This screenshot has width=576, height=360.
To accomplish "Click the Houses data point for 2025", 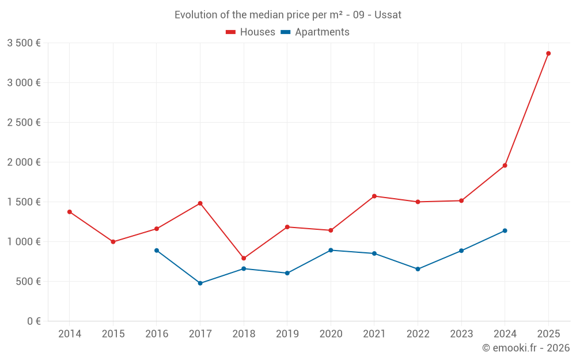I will tap(548, 54).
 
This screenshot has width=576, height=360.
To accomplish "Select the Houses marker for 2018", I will tap(244, 258).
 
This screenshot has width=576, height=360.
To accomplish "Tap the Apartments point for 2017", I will tap(200, 283).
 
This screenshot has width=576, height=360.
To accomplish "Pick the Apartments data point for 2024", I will tap(505, 230).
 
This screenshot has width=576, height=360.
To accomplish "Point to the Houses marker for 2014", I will tap(70, 212).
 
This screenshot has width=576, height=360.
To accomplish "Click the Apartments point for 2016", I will tap(157, 251).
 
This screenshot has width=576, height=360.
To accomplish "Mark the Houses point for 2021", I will tap(374, 196).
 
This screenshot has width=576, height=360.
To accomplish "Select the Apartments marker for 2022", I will tap(418, 269).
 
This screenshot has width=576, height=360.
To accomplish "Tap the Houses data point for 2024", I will tap(505, 165).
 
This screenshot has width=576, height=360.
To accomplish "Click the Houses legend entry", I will tap(251, 32).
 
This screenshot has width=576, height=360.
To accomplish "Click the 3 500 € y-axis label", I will tap(24, 43).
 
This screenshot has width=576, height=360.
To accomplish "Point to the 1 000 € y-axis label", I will tap(24, 242).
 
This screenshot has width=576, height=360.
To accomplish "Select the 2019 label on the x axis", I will tap(287, 334).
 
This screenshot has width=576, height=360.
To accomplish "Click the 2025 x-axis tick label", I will tap(548, 334).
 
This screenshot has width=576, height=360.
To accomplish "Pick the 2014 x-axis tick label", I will tap(70, 334).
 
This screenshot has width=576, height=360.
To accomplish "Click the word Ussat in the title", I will tap(388, 15).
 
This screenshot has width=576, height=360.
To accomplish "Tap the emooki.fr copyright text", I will tap(526, 348).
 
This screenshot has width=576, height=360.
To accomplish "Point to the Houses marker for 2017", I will tap(200, 203).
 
